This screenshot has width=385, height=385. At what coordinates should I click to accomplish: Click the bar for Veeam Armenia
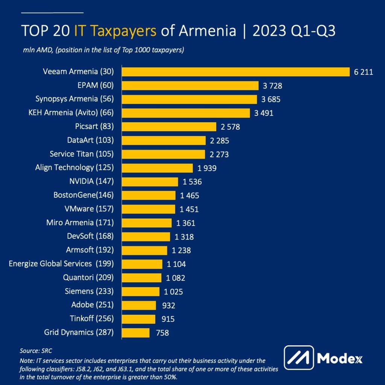(x=236, y=71)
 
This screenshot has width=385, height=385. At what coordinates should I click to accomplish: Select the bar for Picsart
(x=169, y=127)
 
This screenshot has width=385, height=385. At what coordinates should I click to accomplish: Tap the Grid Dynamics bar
(x=136, y=332)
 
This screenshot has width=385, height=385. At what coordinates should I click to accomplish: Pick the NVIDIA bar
(x=150, y=182)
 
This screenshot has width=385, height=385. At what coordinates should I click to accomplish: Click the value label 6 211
(x=363, y=72)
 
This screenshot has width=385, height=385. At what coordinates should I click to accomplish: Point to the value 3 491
(x=264, y=113)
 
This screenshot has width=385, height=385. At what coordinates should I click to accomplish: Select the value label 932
(x=168, y=305)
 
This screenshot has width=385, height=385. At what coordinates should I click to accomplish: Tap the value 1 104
(x=176, y=264)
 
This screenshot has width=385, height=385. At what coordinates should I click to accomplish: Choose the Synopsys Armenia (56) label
(x=74, y=99)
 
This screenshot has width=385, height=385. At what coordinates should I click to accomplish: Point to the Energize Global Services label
(x=61, y=264)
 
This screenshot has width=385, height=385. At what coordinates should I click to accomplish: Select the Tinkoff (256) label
(x=91, y=318)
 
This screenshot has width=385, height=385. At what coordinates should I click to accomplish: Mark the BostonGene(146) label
(x=84, y=195)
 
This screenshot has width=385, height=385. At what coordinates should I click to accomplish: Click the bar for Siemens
(x=141, y=291)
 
